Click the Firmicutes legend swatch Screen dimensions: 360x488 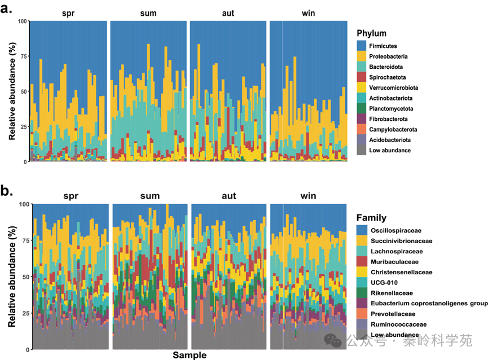pyautogui.click(x=362, y=46)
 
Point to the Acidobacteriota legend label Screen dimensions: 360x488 pyautogui.click(x=389, y=140)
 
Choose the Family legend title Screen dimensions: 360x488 pyautogui.click(x=371, y=218)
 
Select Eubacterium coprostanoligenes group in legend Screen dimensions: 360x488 pyautogui.click(x=429, y=304)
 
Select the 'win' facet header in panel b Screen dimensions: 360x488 pyautogui.click(x=308, y=196)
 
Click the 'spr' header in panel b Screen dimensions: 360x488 pyautogui.click(x=71, y=196)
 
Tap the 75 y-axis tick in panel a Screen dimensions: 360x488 pyautogui.click(x=23, y=56)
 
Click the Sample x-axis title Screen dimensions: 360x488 pyautogui.click(x=190, y=355)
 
